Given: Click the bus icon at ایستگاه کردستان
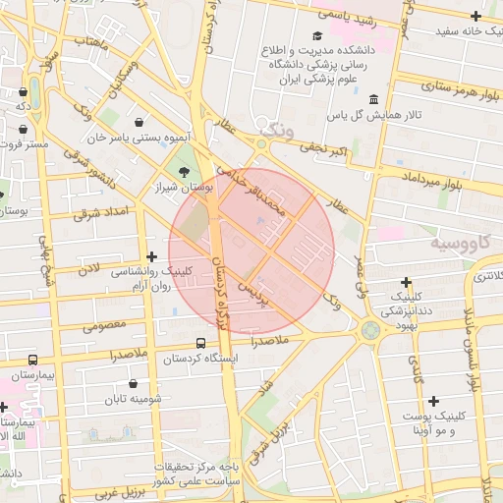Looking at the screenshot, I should tap(201, 344).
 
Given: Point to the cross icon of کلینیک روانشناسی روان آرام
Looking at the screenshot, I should tap(150, 256).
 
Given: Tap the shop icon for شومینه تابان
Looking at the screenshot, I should tap(134, 384).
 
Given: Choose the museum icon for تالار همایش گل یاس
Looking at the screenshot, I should tap(374, 100).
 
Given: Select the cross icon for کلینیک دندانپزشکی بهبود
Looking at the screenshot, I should tap(407, 282).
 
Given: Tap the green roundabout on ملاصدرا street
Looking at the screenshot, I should tap(370, 330).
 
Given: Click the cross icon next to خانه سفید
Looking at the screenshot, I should tap(476, 17).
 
